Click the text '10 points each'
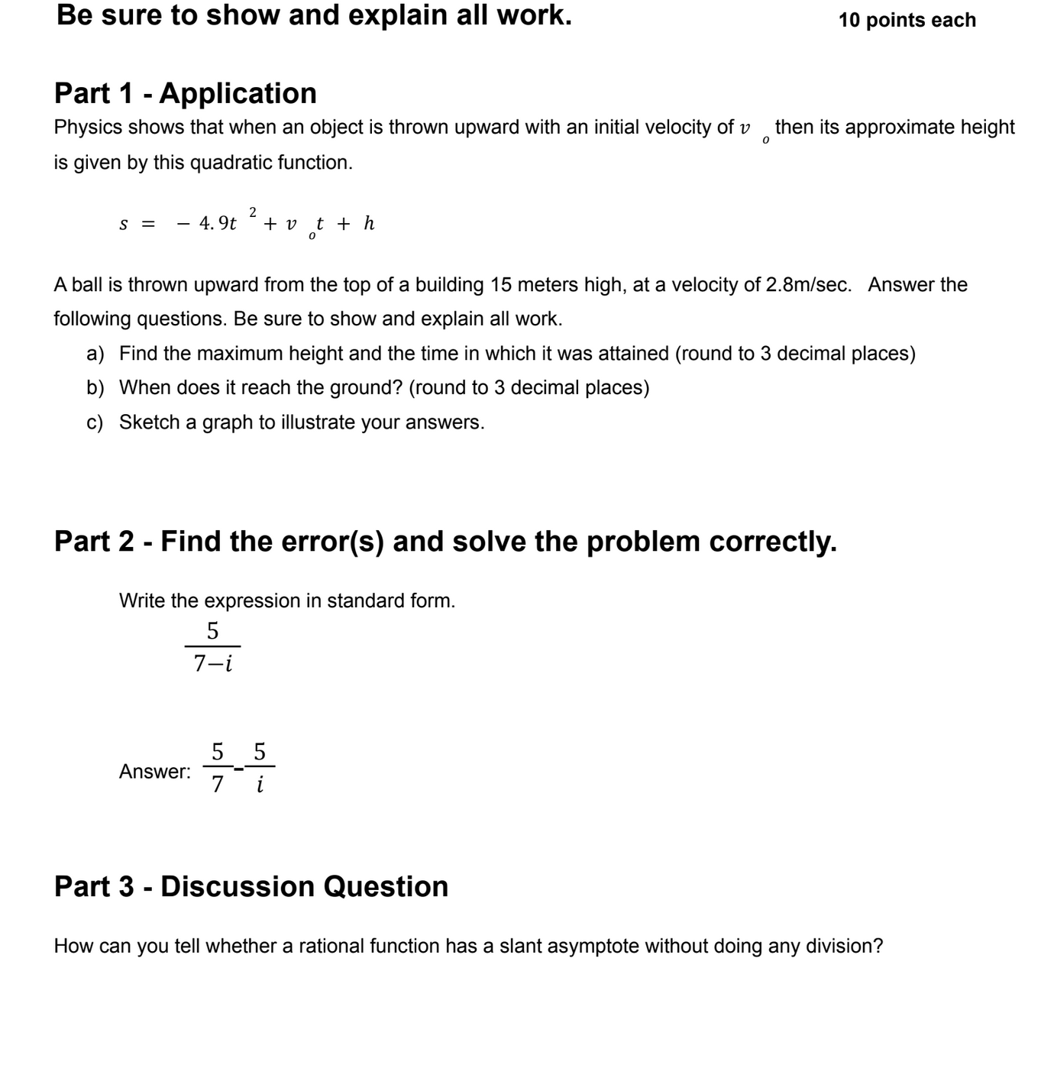907,20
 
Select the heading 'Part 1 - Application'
185,93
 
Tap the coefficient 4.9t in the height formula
218,224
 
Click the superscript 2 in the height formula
253,211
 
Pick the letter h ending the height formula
369,223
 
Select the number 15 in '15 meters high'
501,285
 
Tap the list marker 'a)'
95,354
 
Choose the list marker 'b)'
95,388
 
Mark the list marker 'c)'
95,422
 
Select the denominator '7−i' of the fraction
212,663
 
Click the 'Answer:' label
155,772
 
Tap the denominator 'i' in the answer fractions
260,785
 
